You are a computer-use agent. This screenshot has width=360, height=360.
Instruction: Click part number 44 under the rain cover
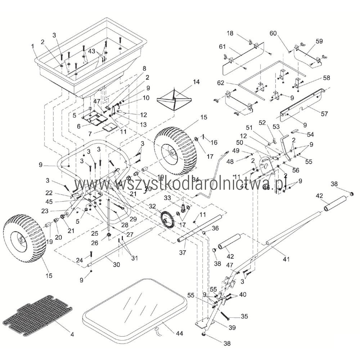(x=179, y=334)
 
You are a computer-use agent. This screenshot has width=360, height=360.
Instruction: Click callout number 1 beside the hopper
(x=32, y=46)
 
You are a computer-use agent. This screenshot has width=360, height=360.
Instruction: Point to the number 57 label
(x=324, y=114)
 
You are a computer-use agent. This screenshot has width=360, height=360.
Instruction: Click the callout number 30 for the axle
(x=116, y=264)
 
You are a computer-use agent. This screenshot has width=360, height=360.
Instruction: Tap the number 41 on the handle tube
(x=286, y=258)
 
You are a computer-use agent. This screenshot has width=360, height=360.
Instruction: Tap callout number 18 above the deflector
(x=230, y=33)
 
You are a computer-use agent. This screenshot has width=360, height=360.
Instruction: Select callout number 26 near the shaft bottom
(x=94, y=243)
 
